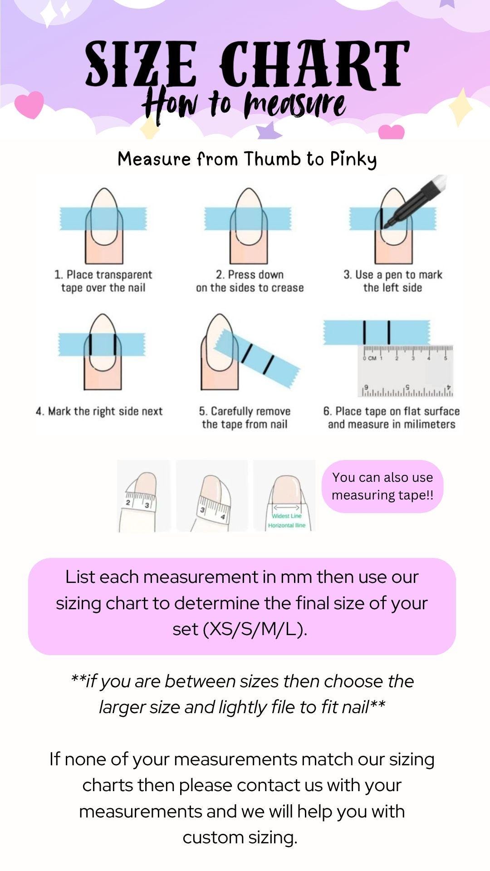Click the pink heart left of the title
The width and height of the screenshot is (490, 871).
click(29, 104)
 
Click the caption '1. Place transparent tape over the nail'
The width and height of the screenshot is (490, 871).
click(103, 281)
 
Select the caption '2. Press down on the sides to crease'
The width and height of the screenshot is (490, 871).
click(250, 281)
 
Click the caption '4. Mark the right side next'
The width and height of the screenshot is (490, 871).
click(99, 411)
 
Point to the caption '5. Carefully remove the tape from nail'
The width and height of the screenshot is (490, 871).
click(245, 418)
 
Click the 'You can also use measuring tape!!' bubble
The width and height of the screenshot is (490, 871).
click(382, 486)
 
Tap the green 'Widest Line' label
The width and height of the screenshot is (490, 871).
click(286, 516)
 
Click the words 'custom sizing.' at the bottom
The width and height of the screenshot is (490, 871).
click(240, 837)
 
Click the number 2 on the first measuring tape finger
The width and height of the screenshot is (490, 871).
click(128, 503)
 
